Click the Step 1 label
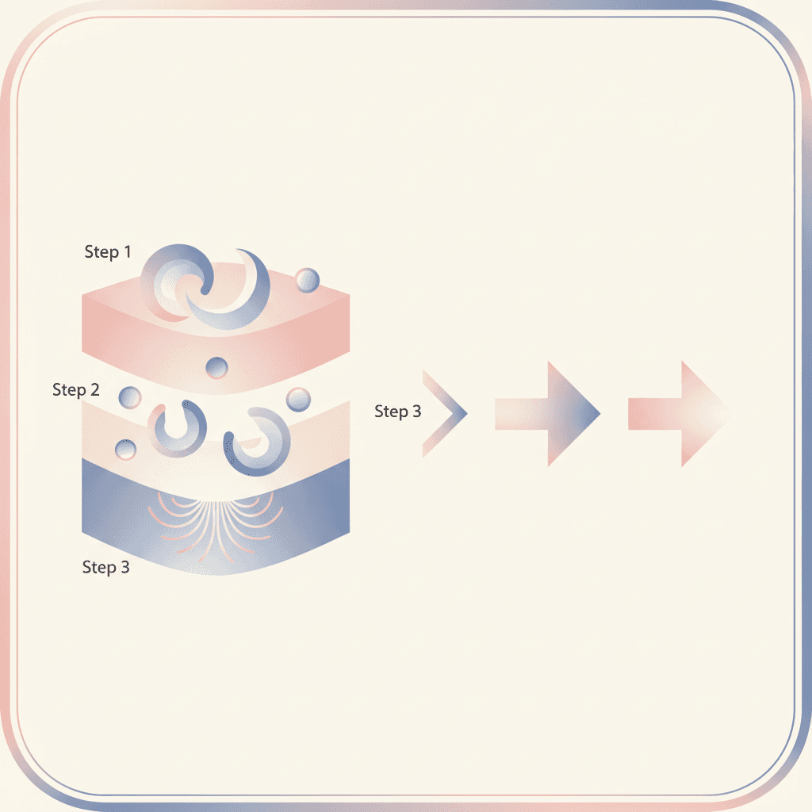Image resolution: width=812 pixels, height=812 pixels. (108, 251)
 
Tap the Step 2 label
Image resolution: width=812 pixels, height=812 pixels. (75, 389)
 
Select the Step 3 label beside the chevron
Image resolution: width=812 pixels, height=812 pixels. (398, 412)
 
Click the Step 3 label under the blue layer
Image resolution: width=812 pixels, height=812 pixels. (105, 567)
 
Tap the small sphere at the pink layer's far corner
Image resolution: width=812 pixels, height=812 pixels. (307, 280)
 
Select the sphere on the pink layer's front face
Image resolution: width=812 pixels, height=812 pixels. (216, 368)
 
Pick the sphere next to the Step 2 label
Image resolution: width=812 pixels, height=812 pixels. (129, 398)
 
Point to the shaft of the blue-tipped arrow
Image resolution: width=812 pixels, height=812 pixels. (521, 414)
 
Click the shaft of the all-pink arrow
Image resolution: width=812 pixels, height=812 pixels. (654, 414)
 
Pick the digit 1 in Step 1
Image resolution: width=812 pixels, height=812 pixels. (128, 251)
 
